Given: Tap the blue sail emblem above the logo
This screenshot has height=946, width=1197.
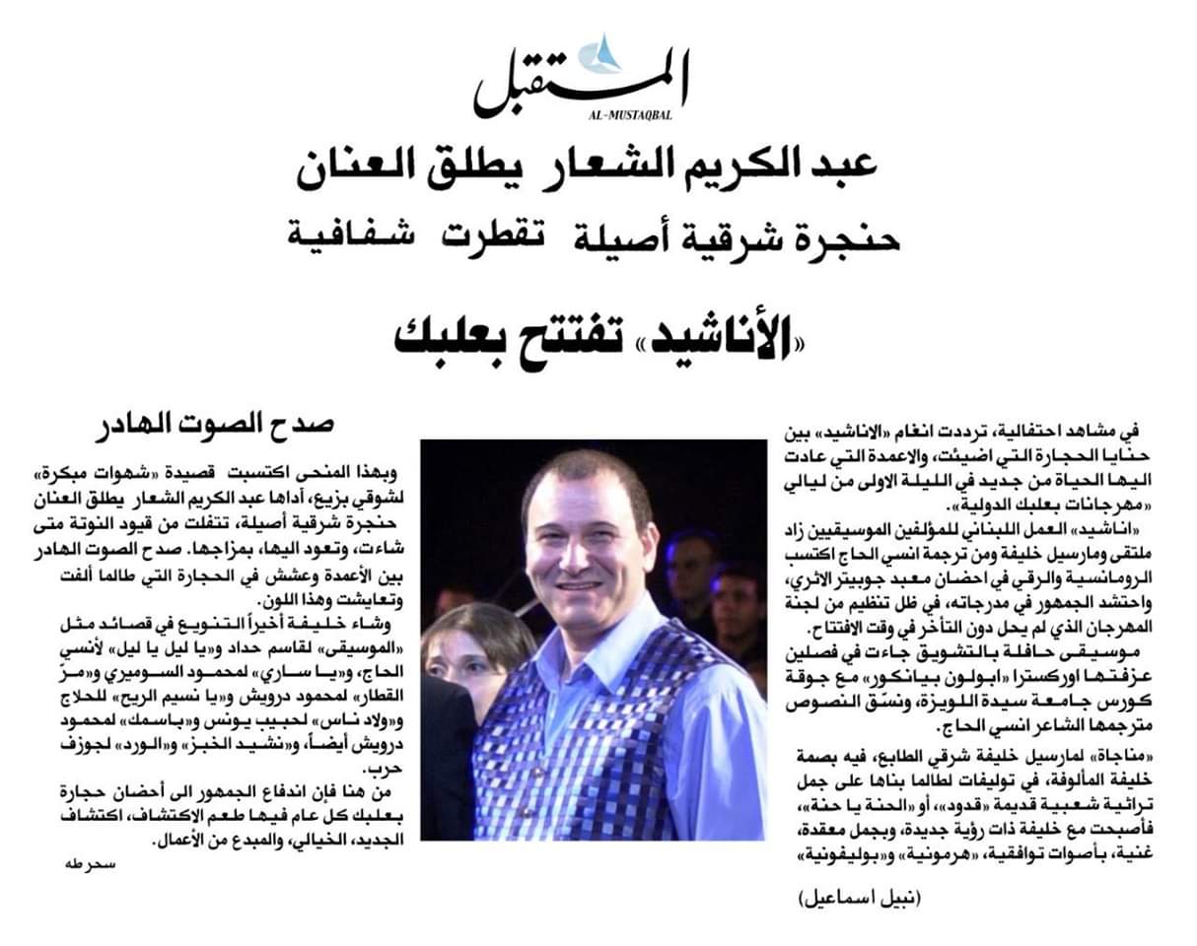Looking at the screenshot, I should pos(602,53).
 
